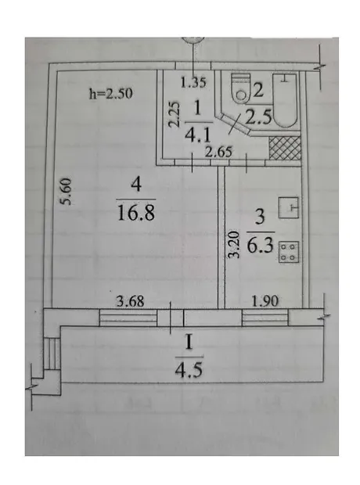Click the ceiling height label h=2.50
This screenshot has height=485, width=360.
click(111, 93)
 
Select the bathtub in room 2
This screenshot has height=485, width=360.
click(285, 100)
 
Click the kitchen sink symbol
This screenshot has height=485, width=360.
click(289, 207)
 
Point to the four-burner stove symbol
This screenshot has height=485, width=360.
click(289, 252)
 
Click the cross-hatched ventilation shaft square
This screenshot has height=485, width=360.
click(285, 148)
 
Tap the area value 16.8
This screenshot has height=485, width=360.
click(136, 213)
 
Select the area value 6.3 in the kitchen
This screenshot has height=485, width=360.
click(260, 246)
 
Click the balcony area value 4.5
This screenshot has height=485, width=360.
click(189, 370)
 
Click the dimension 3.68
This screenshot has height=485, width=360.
click(130, 300)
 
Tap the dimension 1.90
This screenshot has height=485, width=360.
click(265, 300)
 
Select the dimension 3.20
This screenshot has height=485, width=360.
click(234, 244)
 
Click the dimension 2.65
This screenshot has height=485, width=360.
click(218, 152)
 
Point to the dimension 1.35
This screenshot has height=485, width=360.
click(193, 82)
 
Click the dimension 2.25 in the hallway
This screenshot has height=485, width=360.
click(174, 114)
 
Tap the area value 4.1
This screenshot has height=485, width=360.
click(197, 135)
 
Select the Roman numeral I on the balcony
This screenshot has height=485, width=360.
click(189, 343)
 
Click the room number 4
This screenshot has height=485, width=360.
click(136, 185)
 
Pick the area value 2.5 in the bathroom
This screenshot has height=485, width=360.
click(259, 117)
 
